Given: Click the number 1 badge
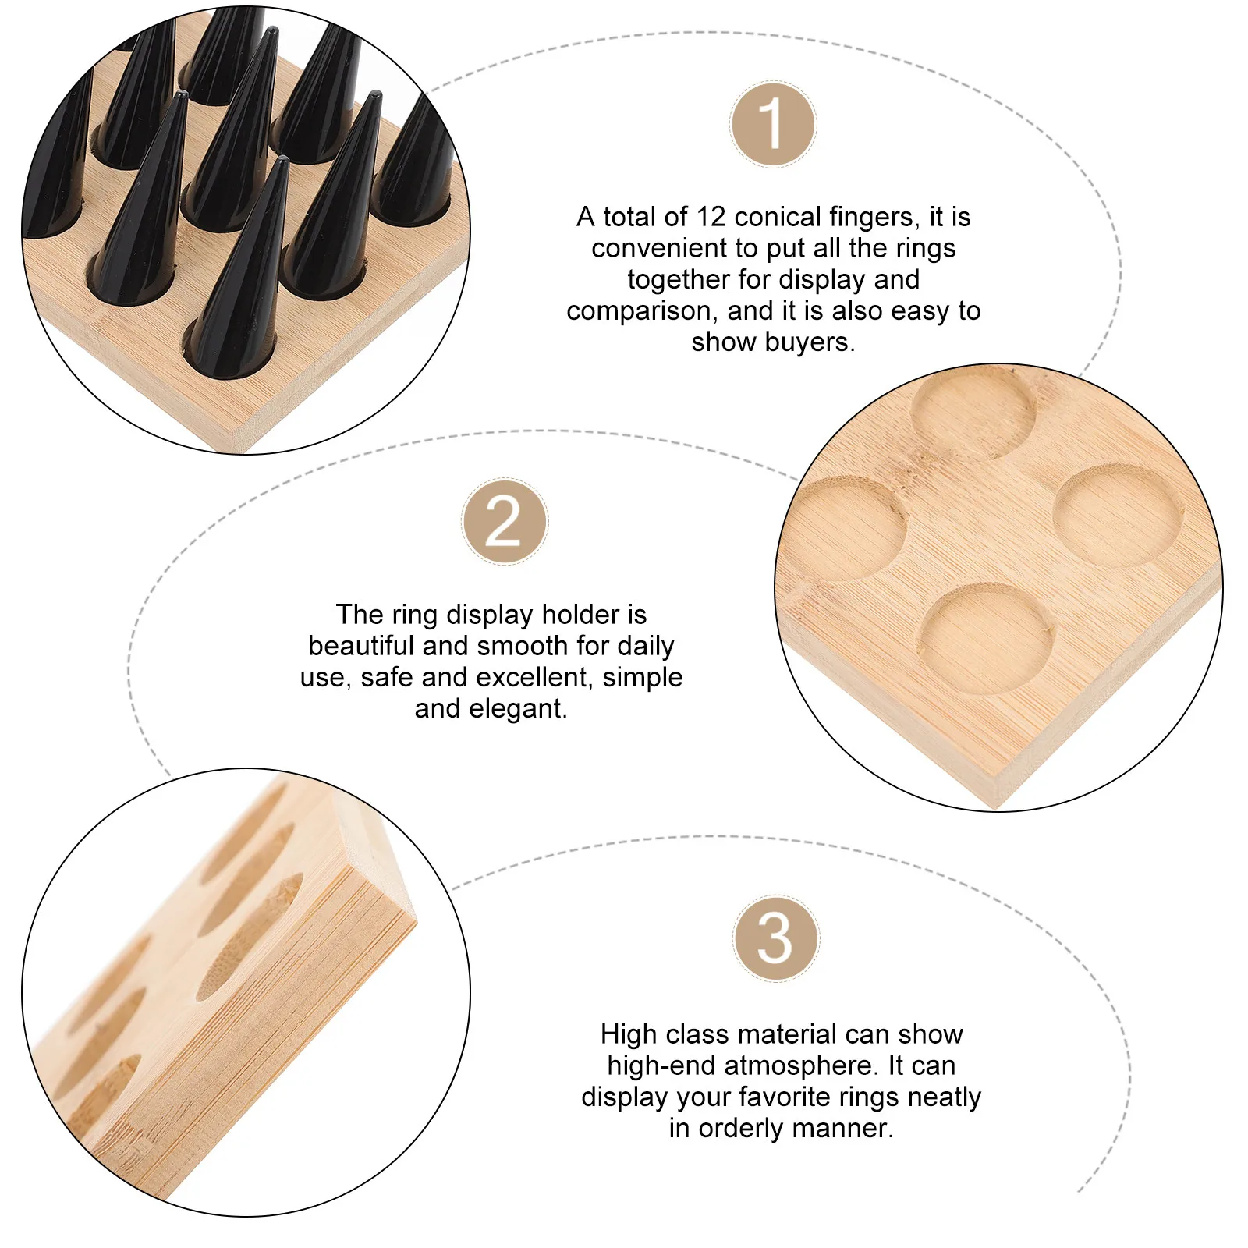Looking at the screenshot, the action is (773, 124).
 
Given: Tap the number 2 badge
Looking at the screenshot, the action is (505, 522).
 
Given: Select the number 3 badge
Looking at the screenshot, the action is (775, 938).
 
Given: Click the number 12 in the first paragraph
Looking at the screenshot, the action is (711, 216).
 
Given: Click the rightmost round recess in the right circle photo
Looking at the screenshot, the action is (1119, 515).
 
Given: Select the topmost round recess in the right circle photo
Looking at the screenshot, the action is (973, 410).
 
